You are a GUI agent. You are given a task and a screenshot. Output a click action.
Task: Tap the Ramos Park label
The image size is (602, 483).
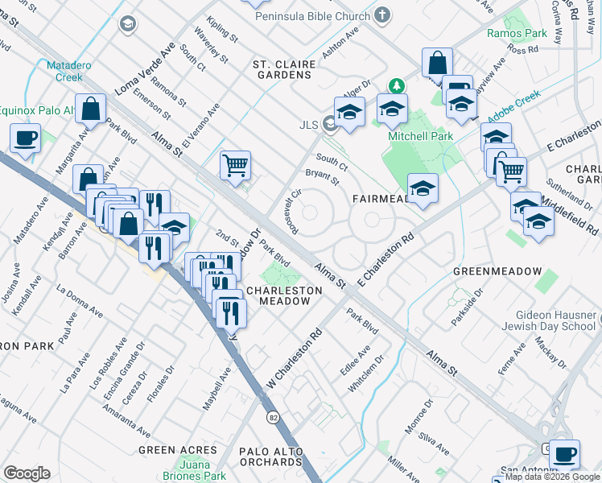coord(517,33)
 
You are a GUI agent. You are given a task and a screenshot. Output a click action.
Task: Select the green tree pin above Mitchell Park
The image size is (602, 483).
coord(396,85)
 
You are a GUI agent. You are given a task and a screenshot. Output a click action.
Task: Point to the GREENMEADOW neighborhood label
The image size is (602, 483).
coord(497,271)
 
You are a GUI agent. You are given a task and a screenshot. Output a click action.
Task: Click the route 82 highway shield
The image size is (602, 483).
coord(274,416)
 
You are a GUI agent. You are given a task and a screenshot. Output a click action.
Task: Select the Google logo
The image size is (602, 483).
coord(27,473)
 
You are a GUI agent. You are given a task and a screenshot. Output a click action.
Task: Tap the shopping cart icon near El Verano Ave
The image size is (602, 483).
coord(235,165)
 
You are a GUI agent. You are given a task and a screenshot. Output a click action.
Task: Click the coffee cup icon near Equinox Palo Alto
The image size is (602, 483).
coord(25,138)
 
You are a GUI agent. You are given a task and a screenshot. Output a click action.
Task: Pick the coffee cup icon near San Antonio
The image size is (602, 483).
coord(565,453)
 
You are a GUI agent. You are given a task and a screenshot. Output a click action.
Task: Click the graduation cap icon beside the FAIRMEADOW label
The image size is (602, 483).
coord(423,189)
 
